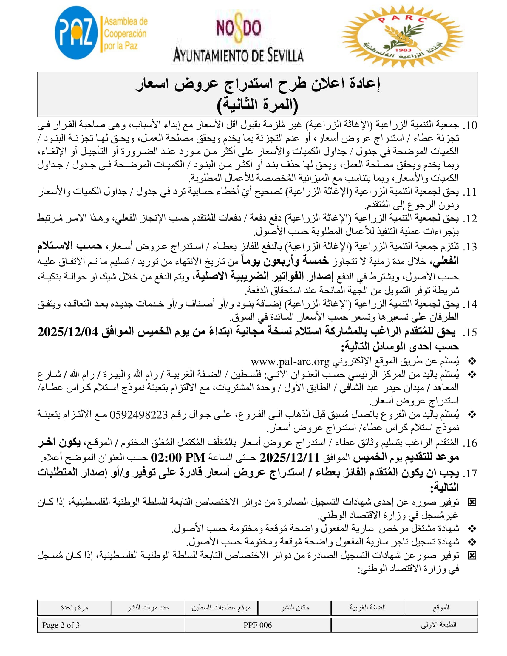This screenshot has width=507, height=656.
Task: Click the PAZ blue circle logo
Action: point(76,33)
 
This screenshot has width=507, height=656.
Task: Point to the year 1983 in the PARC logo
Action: point(403,50)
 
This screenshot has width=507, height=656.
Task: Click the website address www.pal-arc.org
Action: point(290,361)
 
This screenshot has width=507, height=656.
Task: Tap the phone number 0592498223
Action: point(138,415)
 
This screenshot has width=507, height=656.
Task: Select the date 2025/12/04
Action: point(68,332)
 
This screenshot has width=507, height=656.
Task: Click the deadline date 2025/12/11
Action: point(290,458)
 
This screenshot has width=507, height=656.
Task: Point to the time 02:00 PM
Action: point(178,458)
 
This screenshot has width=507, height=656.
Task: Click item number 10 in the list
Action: point(470,125)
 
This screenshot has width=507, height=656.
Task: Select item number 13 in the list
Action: point(470,247)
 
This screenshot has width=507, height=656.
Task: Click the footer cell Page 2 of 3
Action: point(61,625)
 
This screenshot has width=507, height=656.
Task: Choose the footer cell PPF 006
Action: point(257,625)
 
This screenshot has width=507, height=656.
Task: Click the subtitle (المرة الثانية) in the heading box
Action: point(257,104)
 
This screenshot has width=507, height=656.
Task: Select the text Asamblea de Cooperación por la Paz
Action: point(125,34)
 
